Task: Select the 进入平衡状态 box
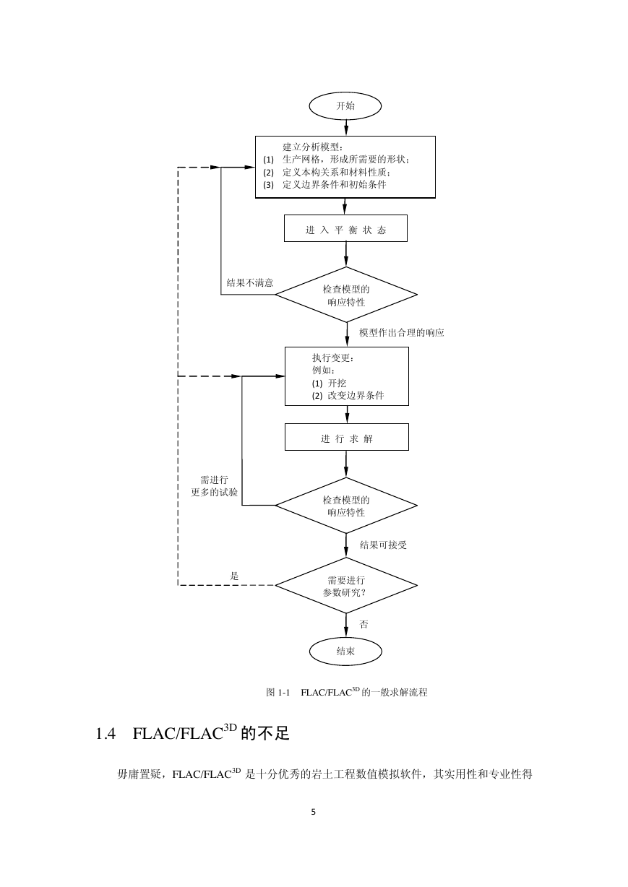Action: tap(345, 228)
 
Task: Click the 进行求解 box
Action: tap(347, 437)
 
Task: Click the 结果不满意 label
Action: tap(249, 282)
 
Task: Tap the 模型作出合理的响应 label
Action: tap(401, 332)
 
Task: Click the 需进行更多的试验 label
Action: tap(215, 486)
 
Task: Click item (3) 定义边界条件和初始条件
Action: tap(325, 184)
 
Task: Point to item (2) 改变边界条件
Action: tap(348, 395)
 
